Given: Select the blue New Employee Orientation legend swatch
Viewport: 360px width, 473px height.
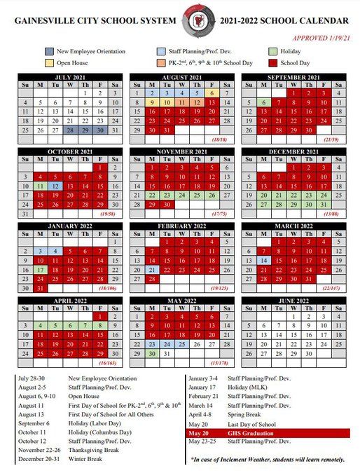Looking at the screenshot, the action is [x=50, y=52].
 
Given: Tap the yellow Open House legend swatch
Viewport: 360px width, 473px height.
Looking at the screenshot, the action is [x=50, y=63].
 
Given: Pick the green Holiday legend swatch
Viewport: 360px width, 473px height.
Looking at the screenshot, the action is [x=275, y=52].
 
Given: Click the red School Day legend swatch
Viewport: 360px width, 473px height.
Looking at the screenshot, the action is [x=275, y=63].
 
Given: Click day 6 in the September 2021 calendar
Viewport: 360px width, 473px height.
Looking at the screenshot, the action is [x=262, y=102].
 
